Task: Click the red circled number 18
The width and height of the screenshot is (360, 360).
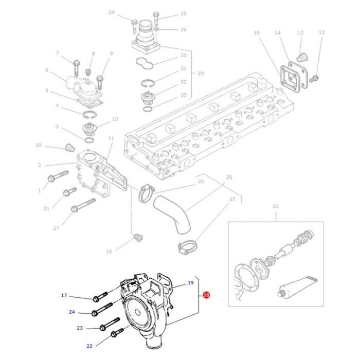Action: [x=206, y=295]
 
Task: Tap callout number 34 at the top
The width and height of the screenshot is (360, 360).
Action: [x=112, y=12]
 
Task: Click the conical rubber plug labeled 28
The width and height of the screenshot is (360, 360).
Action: [x=66, y=149]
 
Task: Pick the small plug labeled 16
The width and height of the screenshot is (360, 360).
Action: [x=137, y=238]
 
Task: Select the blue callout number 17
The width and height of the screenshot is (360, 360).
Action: [x=64, y=295]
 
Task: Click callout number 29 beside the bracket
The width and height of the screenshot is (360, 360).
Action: [x=200, y=74]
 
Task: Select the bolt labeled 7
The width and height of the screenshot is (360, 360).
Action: [x=75, y=65]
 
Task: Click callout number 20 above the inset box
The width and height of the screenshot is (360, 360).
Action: [x=275, y=207]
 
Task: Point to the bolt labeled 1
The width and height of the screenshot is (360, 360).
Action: [x=53, y=178]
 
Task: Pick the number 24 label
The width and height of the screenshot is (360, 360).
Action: [x=72, y=312]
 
